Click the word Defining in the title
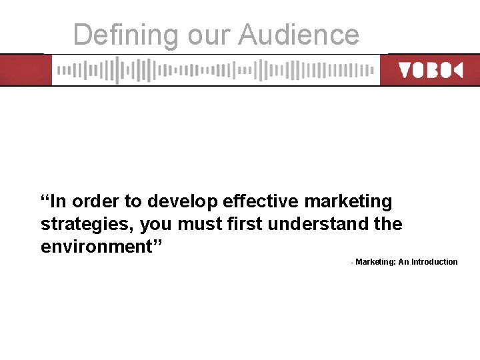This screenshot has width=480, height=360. click(x=126, y=35)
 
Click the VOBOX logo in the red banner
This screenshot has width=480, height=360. click(x=430, y=70)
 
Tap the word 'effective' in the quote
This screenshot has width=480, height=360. click(x=261, y=201)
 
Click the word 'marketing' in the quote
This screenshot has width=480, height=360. click(x=349, y=201)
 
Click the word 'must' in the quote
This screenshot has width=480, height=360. click(x=199, y=224)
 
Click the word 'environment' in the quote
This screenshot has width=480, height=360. click(x=97, y=247)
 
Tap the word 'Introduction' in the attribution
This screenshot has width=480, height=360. click(x=435, y=262)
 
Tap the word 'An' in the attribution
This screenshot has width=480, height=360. click(x=404, y=262)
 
